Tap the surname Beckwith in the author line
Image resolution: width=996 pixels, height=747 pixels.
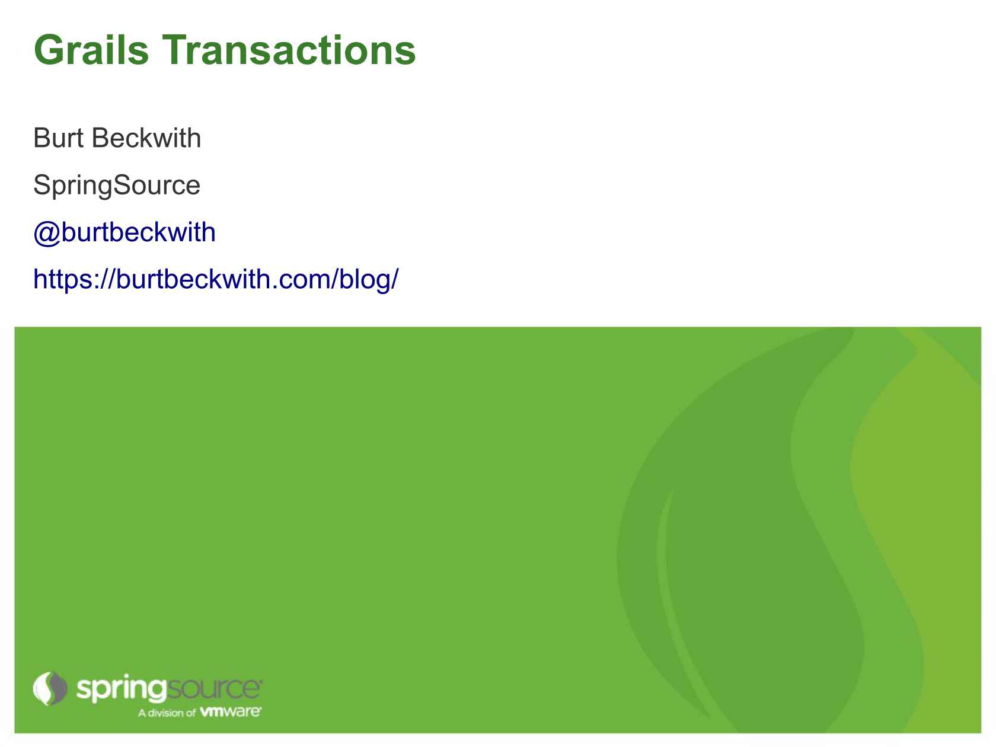click(146, 138)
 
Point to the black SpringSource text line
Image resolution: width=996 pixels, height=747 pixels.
click(117, 186)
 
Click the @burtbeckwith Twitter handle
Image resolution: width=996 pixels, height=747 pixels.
click(124, 233)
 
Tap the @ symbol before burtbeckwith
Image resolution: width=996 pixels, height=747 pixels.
click(47, 234)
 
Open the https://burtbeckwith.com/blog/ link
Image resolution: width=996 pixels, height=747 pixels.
click(216, 279)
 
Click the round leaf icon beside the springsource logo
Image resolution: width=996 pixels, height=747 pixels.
click(50, 688)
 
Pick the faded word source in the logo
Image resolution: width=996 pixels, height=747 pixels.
click(213, 689)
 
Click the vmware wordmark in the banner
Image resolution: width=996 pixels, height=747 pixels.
click(231, 711)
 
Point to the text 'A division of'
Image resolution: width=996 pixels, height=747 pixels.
click(167, 713)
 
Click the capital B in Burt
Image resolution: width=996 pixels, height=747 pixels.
click(41, 138)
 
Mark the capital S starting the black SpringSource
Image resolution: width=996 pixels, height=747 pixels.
click(41, 184)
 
